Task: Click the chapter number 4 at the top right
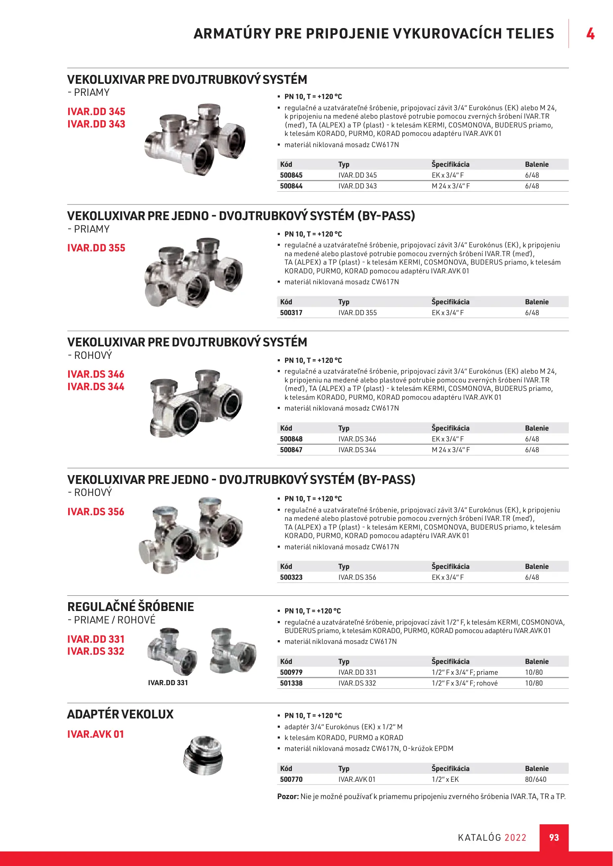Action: coord(590,34)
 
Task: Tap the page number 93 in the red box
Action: coord(554,838)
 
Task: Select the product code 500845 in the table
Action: coord(291,175)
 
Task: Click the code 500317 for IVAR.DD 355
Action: coord(291,313)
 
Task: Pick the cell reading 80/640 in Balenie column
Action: coord(536,779)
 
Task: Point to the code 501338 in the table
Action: coord(291,683)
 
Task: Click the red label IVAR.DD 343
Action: coord(96,124)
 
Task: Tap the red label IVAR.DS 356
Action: coord(96,512)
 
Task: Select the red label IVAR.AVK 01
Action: coord(96,734)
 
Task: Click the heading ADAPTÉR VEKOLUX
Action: coord(120,714)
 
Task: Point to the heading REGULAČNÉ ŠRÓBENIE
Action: coord(131,607)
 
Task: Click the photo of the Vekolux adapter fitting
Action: coord(204,756)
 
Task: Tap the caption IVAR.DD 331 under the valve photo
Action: coord(168,683)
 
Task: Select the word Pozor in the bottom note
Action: coord(287,797)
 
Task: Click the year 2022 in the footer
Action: coord(515,838)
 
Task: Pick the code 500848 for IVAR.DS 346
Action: coord(291,439)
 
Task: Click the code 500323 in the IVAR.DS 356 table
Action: coord(291,577)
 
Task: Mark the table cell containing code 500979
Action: coord(291,672)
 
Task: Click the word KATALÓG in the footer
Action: coord(479,838)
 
